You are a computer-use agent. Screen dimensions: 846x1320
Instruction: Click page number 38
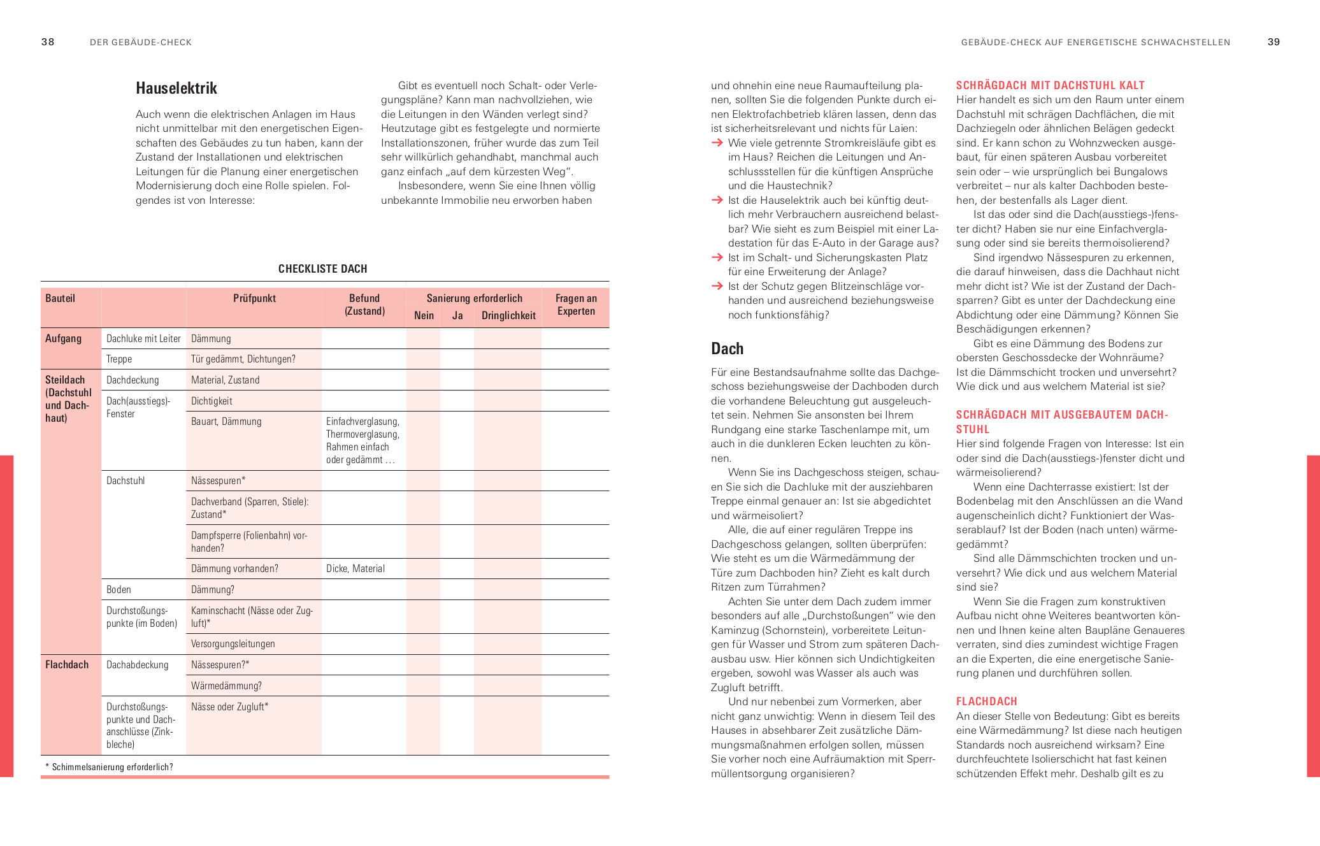click(x=48, y=42)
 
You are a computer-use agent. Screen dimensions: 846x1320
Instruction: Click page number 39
click(x=1273, y=42)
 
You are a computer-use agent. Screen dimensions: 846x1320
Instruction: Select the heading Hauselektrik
click(x=176, y=88)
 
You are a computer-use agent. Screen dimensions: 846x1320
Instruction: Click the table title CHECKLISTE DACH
click(x=322, y=269)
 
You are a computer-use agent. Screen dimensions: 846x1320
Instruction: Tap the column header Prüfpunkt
click(x=254, y=298)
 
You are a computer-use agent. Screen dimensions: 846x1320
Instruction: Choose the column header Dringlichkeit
click(x=508, y=315)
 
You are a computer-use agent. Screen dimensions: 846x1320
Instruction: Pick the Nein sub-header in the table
click(x=424, y=315)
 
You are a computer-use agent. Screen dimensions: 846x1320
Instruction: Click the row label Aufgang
click(x=63, y=338)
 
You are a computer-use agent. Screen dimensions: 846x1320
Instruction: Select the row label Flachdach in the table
click(x=67, y=664)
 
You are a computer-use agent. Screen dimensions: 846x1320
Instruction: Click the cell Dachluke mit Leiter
click(x=143, y=339)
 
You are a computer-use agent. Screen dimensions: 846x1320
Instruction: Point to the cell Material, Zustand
click(x=226, y=380)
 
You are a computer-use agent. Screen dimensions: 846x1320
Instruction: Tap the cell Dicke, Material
click(x=355, y=569)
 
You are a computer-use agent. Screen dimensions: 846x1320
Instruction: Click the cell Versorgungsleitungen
click(x=233, y=644)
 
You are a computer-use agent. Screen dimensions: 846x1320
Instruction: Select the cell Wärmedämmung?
click(x=226, y=686)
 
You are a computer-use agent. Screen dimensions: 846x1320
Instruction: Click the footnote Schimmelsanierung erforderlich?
click(x=112, y=767)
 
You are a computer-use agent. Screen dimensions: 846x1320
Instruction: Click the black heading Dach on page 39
click(x=728, y=348)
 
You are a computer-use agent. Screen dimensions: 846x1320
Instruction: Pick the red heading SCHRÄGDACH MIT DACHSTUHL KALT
click(x=1050, y=85)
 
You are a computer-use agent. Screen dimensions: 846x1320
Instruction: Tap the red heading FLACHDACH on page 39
click(x=986, y=701)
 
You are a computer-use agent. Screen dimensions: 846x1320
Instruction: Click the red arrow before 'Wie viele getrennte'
click(x=717, y=143)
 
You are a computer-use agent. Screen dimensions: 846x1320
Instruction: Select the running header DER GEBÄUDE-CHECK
click(x=141, y=43)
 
